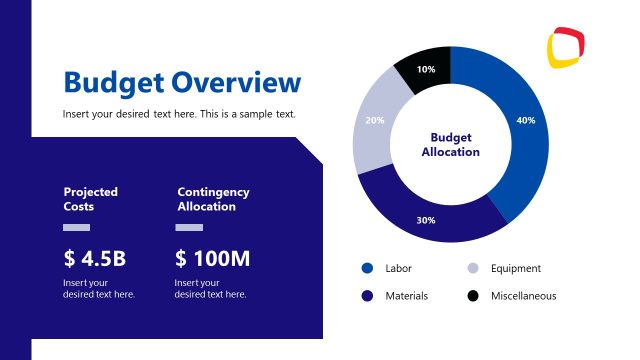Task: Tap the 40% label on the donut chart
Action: [x=525, y=120]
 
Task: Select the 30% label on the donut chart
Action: [x=425, y=220]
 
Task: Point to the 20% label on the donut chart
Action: [x=375, y=120]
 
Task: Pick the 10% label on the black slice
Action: [x=426, y=69]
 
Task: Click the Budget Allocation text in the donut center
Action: [x=450, y=145]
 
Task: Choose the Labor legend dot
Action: [x=367, y=268]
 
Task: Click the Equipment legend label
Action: [x=515, y=268]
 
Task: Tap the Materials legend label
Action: [x=406, y=296]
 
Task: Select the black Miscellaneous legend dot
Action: [x=473, y=296]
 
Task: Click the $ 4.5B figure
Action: [x=94, y=259]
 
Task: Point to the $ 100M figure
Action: [x=212, y=259]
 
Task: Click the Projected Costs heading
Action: [x=90, y=199]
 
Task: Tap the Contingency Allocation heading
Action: [x=213, y=199]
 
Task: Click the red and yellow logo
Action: [x=566, y=46]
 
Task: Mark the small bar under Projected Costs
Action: [x=76, y=227]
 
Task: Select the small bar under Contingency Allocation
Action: [x=189, y=227]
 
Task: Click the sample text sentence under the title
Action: [x=179, y=114]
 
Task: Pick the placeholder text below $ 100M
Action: [x=210, y=288]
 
